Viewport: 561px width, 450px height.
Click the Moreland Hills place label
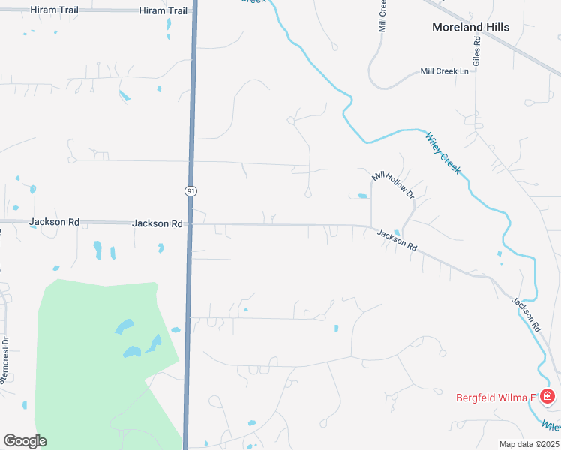(x=470, y=27)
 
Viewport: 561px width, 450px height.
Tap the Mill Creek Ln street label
(x=444, y=71)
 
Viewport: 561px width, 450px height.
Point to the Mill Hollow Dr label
(x=393, y=184)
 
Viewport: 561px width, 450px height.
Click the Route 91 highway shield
(x=191, y=191)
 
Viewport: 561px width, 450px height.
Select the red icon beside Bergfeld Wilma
(x=548, y=396)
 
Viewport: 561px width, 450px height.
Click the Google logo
(x=25, y=440)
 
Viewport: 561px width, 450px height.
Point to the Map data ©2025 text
(x=529, y=444)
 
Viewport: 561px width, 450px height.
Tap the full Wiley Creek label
(x=442, y=153)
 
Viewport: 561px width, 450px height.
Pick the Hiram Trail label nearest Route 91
(x=163, y=10)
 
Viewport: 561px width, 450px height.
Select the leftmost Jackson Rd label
(x=54, y=222)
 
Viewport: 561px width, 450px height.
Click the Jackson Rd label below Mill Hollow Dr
(x=396, y=239)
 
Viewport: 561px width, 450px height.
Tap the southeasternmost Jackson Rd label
(x=526, y=314)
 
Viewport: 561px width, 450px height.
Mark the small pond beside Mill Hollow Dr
(x=362, y=196)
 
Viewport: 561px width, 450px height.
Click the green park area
(x=90, y=352)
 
